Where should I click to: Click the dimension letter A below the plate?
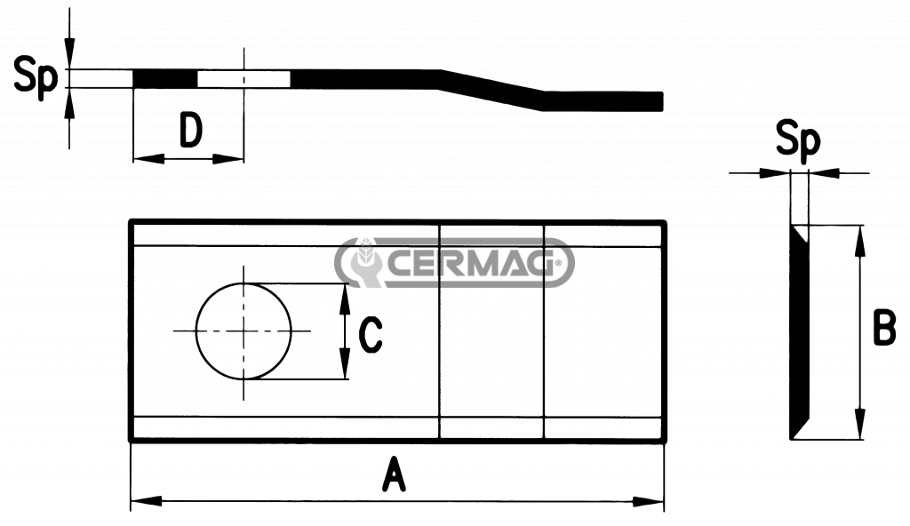[x=394, y=474]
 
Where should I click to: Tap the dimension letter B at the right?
[x=884, y=328]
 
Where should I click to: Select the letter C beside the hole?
[x=371, y=335]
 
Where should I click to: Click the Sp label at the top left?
[x=36, y=76]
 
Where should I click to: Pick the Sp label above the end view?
[x=799, y=139]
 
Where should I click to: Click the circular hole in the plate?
[x=243, y=331]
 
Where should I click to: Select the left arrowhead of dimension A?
[x=146, y=500]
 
